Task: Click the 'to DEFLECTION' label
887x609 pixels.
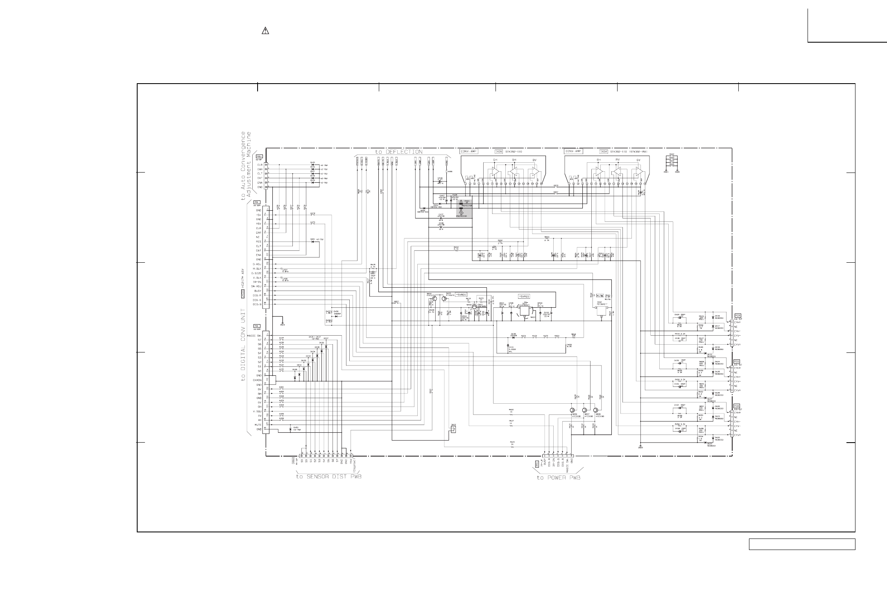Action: tap(398, 152)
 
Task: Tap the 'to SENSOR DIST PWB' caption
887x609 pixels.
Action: tap(329, 477)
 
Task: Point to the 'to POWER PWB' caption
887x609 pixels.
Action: tap(559, 477)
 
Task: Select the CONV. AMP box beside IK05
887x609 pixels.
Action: tap(468, 151)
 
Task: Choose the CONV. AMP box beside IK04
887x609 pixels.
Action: tap(573, 151)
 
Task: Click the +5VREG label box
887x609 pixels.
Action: tap(524, 296)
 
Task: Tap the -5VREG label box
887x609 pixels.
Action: tap(461, 295)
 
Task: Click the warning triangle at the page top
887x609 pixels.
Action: tap(265, 31)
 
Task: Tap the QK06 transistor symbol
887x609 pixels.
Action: tap(573, 410)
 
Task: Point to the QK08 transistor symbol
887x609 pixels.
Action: tap(596, 410)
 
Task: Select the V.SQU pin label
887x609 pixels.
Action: tap(257, 411)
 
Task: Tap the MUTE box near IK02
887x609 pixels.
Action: tap(600, 295)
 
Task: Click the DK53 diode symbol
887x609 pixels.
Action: tap(291, 429)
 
